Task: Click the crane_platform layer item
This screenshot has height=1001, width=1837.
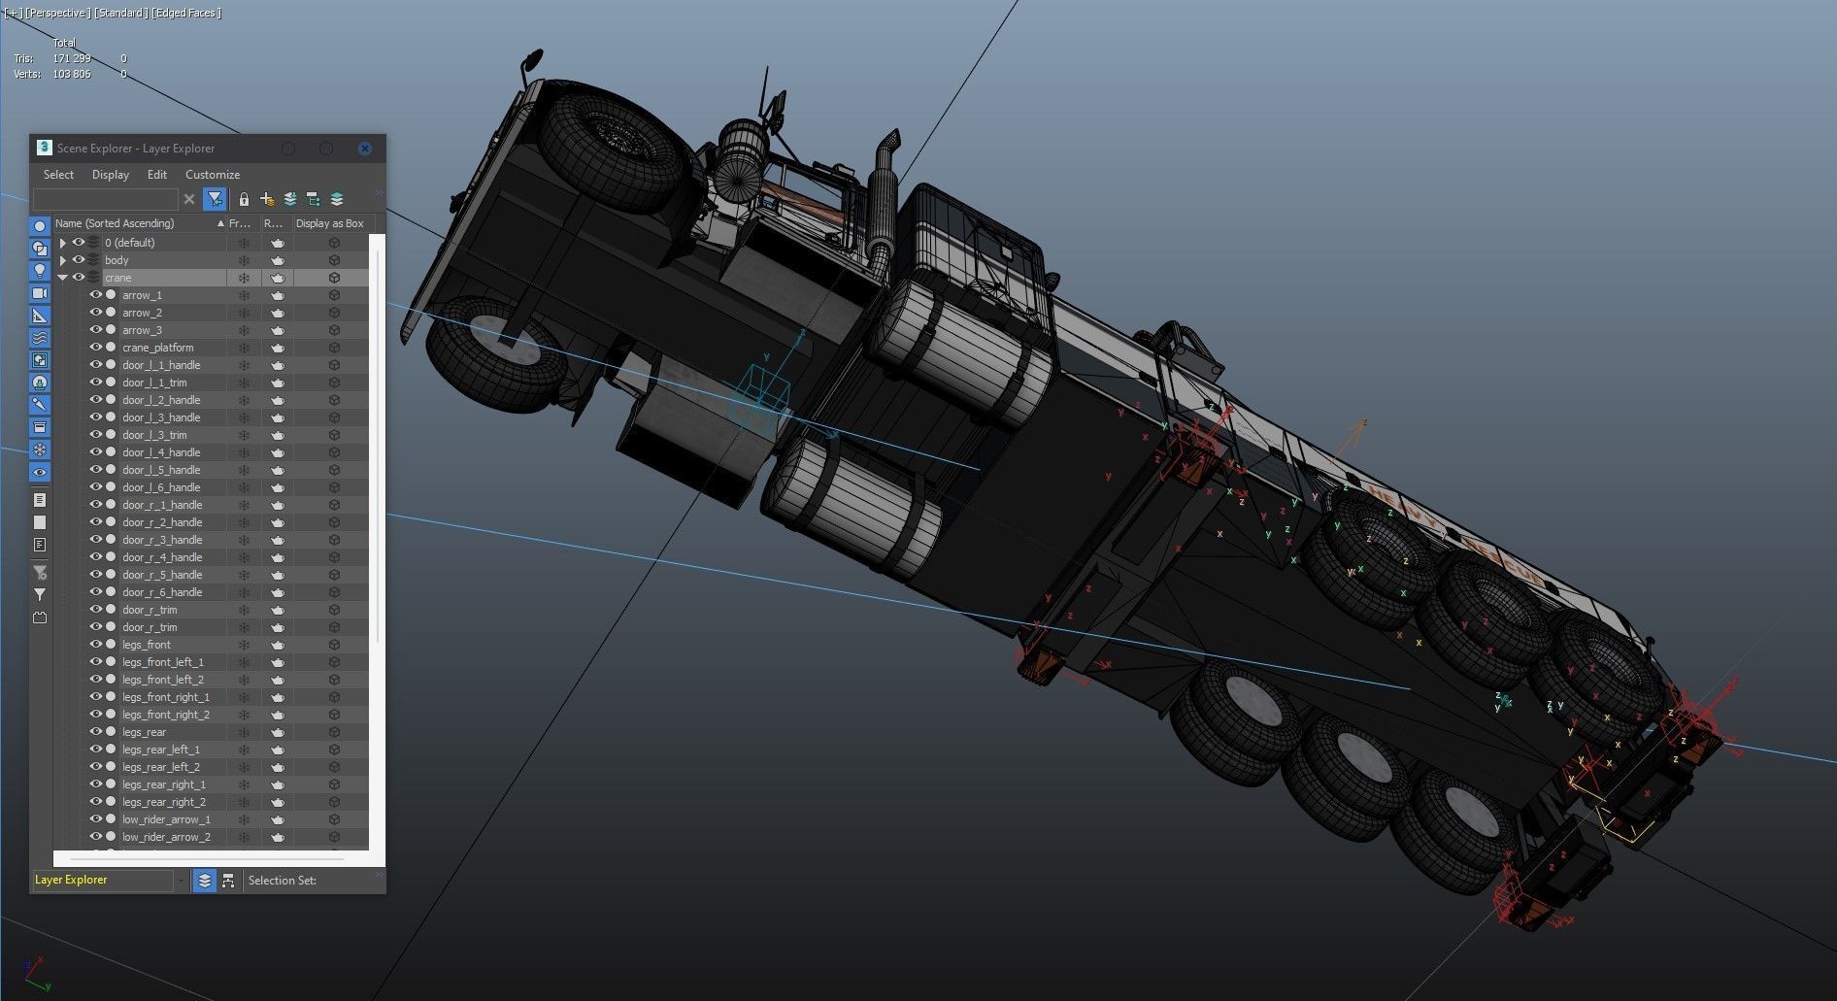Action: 158,348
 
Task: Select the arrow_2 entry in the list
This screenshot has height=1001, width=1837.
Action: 142,313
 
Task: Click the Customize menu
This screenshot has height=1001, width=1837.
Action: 212,175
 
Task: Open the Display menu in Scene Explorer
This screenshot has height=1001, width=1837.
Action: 110,175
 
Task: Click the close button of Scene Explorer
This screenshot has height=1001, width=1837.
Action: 365,149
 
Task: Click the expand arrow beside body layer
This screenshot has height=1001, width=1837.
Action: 63,260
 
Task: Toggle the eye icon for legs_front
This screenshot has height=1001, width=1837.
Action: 96,645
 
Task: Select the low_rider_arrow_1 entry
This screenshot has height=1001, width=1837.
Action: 166,819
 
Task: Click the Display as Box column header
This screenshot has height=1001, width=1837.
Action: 330,223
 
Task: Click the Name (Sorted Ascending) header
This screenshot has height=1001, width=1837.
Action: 115,223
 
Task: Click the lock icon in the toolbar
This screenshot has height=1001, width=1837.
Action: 244,200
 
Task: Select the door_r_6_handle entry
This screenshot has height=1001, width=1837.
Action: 162,592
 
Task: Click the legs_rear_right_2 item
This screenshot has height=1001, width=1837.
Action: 163,802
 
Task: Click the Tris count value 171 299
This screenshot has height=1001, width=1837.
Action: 71,58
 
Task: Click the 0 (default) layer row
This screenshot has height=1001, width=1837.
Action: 130,243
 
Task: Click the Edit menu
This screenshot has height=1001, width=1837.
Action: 156,175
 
